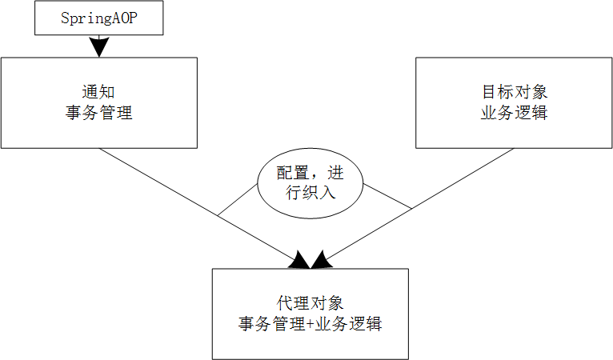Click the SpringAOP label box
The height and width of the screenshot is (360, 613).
pos(99,18)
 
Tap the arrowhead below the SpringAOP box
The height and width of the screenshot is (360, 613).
pos(99,47)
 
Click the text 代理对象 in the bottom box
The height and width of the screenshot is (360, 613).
pos(311,304)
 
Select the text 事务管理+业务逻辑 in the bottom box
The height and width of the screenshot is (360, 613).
pos(311,324)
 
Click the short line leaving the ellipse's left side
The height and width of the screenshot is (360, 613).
pos(237,200)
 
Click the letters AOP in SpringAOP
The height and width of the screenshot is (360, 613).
pos(123,18)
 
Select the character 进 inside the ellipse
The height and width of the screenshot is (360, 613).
pos(336,173)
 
